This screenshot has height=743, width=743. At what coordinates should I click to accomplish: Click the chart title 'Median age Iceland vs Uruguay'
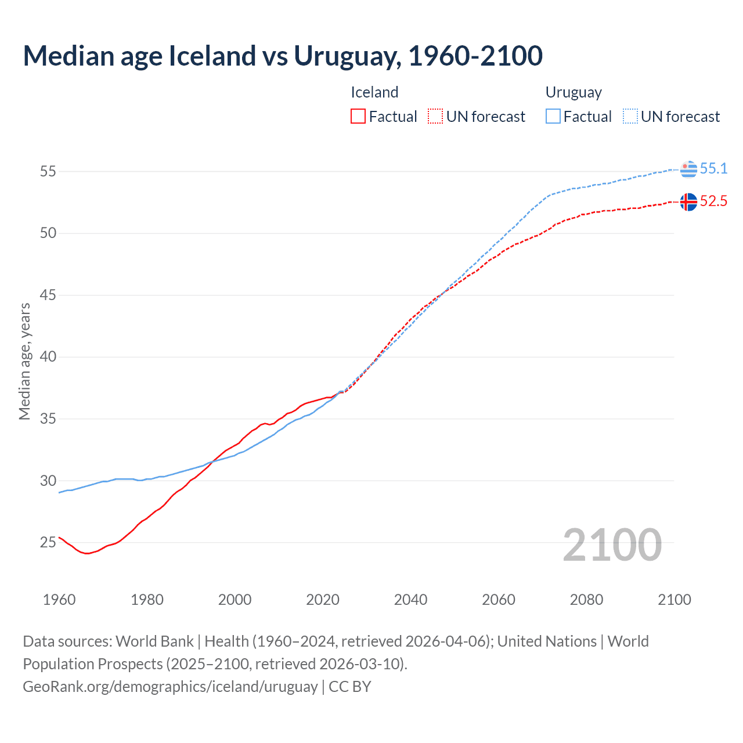click(x=283, y=56)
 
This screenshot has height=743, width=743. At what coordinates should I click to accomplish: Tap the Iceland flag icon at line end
click(x=688, y=202)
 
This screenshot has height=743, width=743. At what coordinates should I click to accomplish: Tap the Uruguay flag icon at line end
click(x=688, y=169)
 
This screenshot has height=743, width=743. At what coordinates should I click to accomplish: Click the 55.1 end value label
click(x=713, y=168)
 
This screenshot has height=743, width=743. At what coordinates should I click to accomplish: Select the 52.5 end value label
click(x=713, y=201)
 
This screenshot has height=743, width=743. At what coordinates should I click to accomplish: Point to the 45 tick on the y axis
click(x=48, y=295)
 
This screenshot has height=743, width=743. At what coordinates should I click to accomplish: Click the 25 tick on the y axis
click(x=48, y=543)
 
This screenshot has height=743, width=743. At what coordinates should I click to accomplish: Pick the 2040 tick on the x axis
click(x=410, y=600)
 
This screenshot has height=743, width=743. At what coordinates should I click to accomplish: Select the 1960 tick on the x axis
click(x=59, y=600)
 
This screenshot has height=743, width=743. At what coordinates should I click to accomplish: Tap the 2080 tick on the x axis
click(x=586, y=600)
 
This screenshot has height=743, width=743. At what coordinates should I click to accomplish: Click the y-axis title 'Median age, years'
click(x=24, y=361)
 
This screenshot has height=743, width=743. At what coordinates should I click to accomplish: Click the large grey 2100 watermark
click(x=612, y=544)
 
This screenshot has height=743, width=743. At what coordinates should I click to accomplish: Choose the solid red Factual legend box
click(x=358, y=117)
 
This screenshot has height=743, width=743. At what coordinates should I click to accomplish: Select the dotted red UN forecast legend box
click(x=435, y=117)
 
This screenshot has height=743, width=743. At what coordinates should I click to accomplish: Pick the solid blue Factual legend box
click(x=553, y=117)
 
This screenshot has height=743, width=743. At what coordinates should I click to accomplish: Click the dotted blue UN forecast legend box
click(x=630, y=117)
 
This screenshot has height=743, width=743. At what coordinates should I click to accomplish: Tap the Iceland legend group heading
click(x=374, y=92)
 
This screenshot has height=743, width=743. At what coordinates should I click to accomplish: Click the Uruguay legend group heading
click(x=574, y=92)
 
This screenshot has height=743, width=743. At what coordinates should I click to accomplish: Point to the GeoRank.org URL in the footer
click(x=170, y=686)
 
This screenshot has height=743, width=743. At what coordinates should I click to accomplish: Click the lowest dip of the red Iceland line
click(x=87, y=553)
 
